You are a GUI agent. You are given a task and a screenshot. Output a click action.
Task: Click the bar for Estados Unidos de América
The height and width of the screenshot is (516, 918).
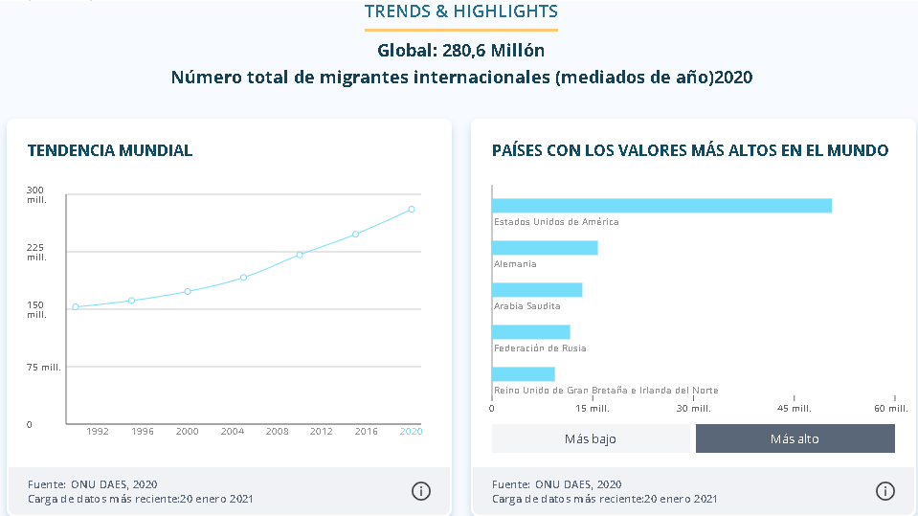tap(661, 206)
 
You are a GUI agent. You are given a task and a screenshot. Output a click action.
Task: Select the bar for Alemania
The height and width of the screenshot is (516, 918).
tap(545, 248)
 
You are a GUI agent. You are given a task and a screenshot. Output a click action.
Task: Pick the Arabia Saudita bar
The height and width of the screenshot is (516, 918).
tap(537, 290)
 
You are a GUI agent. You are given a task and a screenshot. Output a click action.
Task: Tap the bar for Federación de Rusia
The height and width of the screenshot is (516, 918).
tap(531, 332)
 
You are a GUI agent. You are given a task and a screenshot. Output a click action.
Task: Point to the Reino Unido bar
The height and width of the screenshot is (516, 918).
tap(524, 374)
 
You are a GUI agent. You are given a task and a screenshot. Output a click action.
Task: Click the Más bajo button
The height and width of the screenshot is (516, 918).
tap(591, 439)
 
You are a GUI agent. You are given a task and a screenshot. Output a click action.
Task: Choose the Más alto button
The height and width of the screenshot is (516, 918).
tap(795, 439)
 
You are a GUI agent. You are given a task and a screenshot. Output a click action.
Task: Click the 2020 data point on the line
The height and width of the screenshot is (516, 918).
tap(412, 209)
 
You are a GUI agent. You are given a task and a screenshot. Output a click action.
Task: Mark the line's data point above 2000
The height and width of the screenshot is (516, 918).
tap(188, 291)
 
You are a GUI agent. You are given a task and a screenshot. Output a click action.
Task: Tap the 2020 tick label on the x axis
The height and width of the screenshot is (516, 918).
tap(412, 432)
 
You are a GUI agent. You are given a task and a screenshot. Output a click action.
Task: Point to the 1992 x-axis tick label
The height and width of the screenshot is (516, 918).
tap(98, 432)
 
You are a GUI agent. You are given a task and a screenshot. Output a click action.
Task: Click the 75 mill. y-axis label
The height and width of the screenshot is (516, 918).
tap(44, 368)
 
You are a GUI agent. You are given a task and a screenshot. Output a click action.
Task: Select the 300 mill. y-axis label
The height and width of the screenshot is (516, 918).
tap(36, 194)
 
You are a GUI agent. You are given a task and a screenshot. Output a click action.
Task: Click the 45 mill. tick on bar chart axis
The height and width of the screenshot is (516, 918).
tap(793, 409)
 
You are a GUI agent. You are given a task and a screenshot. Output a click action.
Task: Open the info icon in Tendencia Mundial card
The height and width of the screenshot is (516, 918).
tap(420, 491)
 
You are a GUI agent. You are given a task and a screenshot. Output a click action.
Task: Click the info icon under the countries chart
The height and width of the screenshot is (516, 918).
tap(885, 491)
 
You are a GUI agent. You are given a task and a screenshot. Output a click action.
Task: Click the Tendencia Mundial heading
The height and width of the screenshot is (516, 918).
tap(110, 150)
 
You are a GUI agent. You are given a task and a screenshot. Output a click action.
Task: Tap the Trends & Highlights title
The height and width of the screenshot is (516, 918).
tap(461, 11)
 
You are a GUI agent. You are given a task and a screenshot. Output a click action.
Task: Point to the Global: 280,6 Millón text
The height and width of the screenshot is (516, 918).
tap(461, 51)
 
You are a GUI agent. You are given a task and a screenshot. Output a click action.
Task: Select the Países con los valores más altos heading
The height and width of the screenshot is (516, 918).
tap(690, 150)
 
